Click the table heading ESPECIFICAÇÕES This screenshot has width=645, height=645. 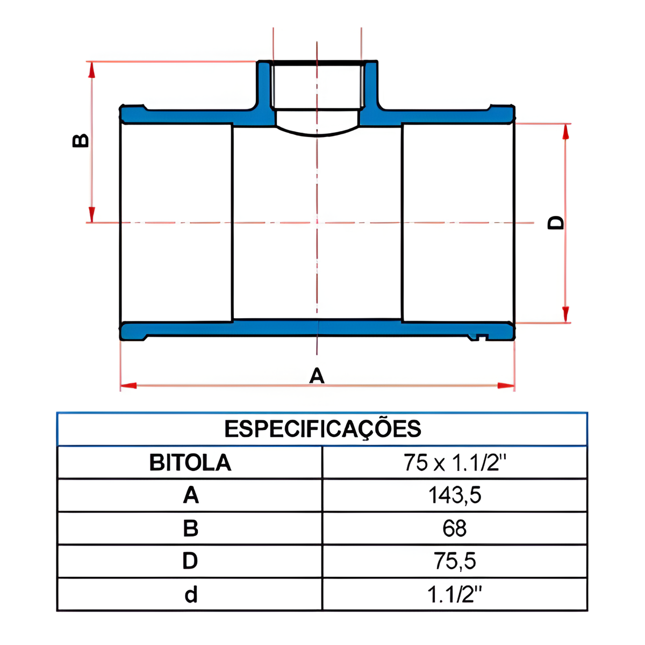point(322,429)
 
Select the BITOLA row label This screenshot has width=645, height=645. point(190,463)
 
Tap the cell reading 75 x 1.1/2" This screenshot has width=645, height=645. point(455,462)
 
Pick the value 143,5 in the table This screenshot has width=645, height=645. point(455,495)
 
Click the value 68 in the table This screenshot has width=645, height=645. point(454,528)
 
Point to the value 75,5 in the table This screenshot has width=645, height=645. point(455,561)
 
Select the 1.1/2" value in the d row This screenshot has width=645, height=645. point(454,594)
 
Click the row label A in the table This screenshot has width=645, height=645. point(191,495)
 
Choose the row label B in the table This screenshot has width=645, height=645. point(190,528)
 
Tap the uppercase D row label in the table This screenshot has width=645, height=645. point(190,561)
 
